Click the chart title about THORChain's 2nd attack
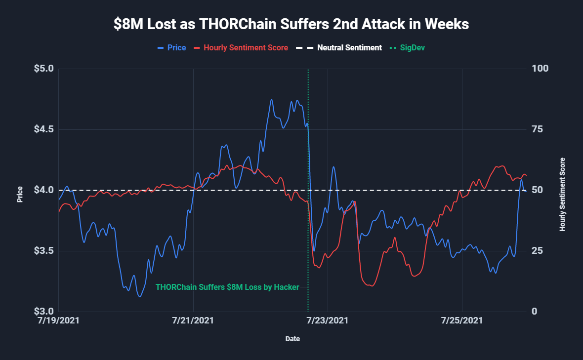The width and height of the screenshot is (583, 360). tap(291, 24)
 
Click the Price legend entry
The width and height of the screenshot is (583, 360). tap(172, 48)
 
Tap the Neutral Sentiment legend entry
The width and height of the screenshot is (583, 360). tap(345, 48)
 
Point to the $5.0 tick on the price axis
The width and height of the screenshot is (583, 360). tap(43, 69)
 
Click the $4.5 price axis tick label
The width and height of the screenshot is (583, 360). tap(43, 129)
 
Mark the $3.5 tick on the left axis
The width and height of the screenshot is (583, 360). tap(43, 251)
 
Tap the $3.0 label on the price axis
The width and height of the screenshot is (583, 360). tap(43, 312)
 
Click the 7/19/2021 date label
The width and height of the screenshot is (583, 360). tap(58, 320)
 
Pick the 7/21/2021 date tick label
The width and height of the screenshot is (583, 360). tap(193, 320)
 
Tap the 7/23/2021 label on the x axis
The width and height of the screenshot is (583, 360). tap(327, 320)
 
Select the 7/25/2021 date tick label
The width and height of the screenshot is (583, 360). tap(461, 320)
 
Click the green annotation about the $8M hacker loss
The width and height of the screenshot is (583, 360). tap(227, 287)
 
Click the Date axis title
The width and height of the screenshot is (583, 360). tap(292, 339)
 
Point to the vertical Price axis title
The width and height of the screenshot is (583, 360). tap(20, 195)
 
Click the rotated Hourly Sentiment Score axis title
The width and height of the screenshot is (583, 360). tap(562, 195)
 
